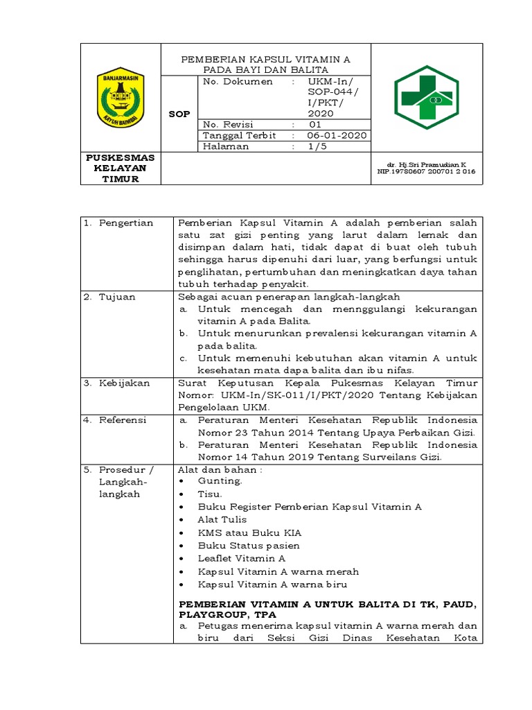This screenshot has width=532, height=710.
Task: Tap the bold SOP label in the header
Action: [x=179, y=114]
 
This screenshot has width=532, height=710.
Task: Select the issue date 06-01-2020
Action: [x=337, y=135]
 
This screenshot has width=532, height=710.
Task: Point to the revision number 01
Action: [x=315, y=124]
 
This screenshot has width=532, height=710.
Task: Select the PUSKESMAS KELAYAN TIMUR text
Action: [x=121, y=168]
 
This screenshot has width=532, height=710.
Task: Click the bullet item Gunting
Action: [x=220, y=481]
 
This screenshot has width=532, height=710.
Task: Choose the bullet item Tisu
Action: [x=210, y=494]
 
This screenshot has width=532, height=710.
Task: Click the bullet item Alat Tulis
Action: [x=222, y=519]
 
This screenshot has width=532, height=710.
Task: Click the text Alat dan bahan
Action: [x=220, y=469]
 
